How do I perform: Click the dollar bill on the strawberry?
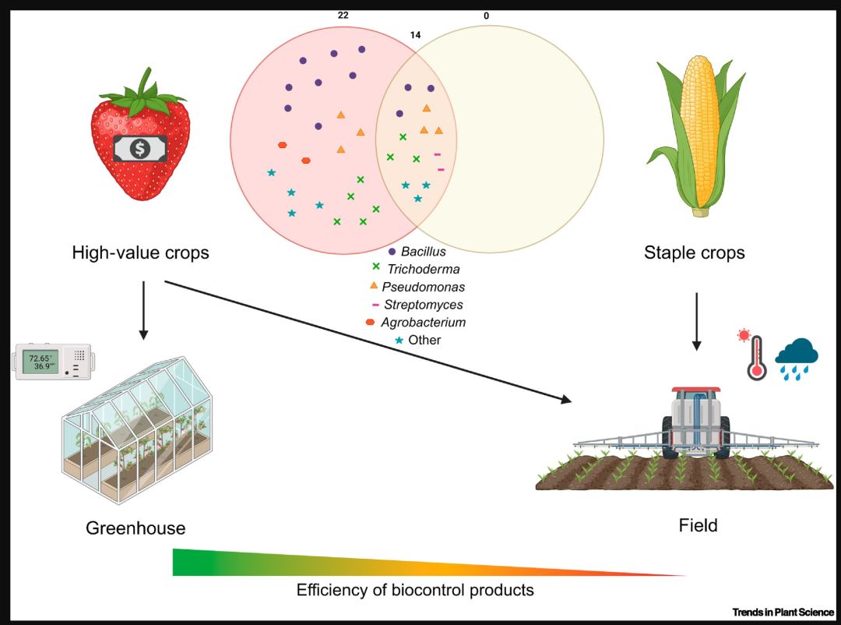tap(140, 148)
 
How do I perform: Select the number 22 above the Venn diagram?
tap(343, 16)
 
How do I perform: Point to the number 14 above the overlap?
tap(415, 35)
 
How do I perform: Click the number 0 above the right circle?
tap(487, 16)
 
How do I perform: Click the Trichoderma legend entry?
tap(416, 269)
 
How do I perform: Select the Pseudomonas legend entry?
tap(417, 287)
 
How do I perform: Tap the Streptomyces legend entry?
tap(417, 305)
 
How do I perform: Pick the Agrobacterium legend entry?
tap(416, 322)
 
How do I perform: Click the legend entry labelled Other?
tap(418, 340)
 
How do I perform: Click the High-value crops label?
tap(140, 252)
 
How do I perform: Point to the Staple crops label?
tap(694, 252)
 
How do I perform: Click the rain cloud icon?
tap(797, 358)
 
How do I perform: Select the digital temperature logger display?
tap(53, 362)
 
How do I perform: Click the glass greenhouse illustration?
tap(137, 429)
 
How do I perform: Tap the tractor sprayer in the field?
tap(695, 424)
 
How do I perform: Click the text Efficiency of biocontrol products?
tap(415, 590)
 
